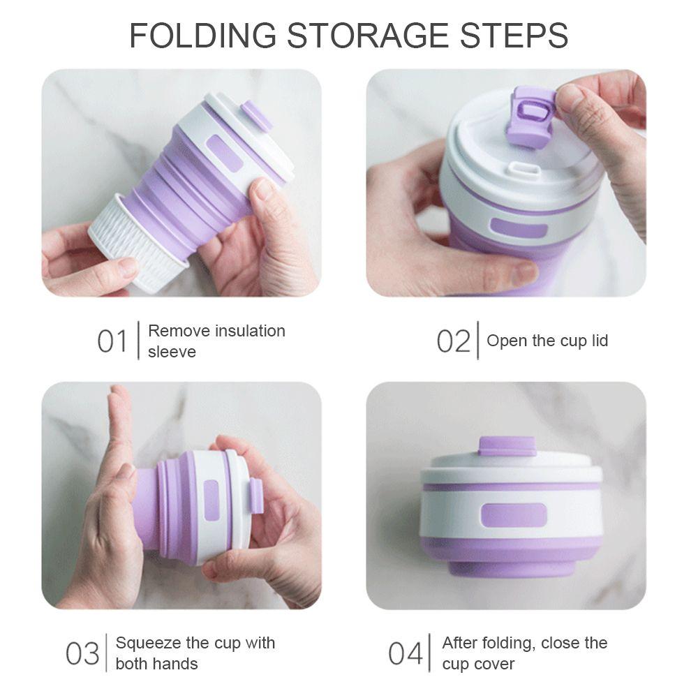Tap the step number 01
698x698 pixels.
point(112,341)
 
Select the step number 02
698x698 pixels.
point(454,341)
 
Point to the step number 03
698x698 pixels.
point(82,653)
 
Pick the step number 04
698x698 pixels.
point(406,653)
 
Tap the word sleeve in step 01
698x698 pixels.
point(172,352)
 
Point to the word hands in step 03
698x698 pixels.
point(177,663)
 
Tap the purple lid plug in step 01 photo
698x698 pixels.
point(257,115)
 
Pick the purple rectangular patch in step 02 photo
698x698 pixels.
point(518,228)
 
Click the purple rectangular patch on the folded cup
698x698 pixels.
point(513,515)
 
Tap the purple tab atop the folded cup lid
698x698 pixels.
point(507,446)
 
